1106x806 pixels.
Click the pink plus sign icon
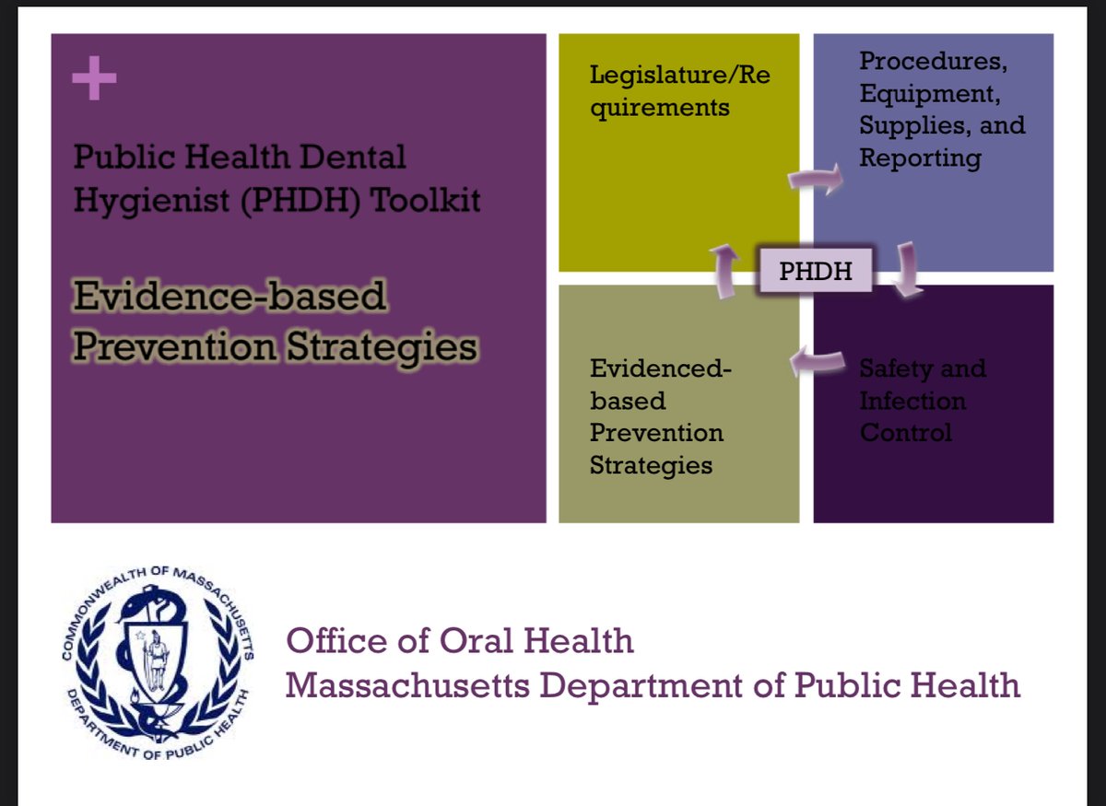coord(94,78)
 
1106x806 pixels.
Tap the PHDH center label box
coord(816,271)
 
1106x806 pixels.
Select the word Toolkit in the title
coord(425,201)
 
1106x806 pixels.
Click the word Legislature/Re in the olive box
coord(680,75)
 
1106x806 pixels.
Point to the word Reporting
coord(921,158)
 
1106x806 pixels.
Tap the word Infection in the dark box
coord(913,401)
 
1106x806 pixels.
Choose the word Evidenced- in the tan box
coord(661,368)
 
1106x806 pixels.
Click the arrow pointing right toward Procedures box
coord(816,178)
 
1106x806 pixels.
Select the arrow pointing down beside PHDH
coord(907,269)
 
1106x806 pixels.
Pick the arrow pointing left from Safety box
coord(818,362)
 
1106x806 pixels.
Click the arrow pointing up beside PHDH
coord(724,271)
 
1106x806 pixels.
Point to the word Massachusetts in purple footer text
coord(407,685)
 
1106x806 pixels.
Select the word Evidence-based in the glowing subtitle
coord(229,296)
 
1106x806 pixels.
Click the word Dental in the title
coord(352,157)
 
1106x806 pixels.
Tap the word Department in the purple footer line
coord(641,686)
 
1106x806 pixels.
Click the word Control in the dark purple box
coord(905,432)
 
